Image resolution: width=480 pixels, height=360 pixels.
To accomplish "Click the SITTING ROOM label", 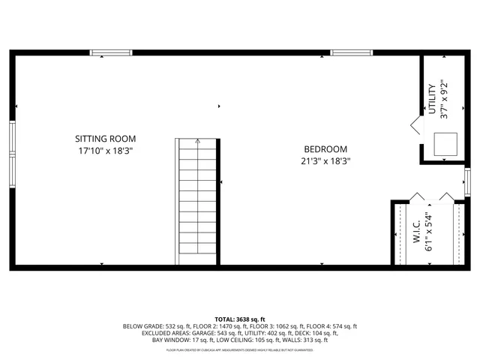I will (105, 139).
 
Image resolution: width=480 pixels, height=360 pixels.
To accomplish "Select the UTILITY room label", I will (432, 99).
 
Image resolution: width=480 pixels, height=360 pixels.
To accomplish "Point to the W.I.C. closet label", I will (416, 229).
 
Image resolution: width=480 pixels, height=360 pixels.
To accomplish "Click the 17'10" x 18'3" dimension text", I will (105, 151).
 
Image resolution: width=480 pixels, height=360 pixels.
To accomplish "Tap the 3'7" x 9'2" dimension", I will (443, 99).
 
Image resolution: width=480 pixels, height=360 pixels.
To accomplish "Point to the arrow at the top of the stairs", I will (196, 141).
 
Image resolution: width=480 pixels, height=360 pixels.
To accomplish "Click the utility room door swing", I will (415, 124).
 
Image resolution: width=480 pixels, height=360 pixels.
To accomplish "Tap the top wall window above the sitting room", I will (111, 52).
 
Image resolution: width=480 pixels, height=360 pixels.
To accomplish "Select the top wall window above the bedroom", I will (351, 52).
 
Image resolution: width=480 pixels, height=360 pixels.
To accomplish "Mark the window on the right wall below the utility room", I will (466, 181).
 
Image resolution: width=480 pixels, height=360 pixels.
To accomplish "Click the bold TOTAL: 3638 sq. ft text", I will (240, 319).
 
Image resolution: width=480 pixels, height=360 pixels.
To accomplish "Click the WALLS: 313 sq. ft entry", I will (307, 340).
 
